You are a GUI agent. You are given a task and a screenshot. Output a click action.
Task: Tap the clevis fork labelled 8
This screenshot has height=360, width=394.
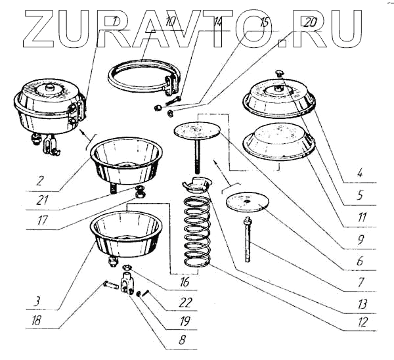tap(129, 283)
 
